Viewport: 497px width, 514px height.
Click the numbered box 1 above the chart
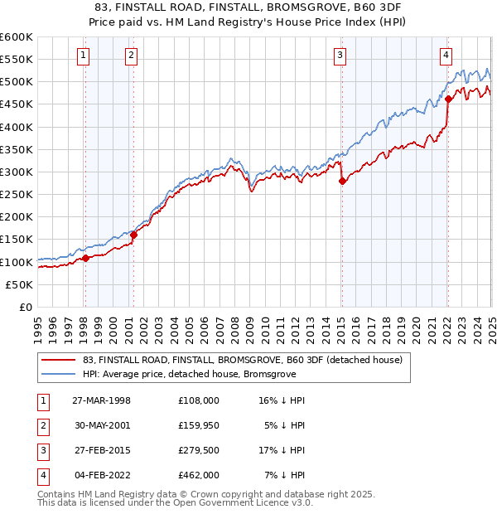(x=84, y=56)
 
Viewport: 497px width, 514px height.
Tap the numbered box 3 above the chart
(x=340, y=56)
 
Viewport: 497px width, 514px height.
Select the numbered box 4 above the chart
(x=446, y=56)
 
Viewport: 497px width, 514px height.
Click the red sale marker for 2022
(x=448, y=99)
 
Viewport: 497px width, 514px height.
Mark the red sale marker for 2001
(x=133, y=235)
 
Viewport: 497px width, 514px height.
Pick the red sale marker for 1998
(x=85, y=258)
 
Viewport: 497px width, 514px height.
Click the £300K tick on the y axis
(x=17, y=172)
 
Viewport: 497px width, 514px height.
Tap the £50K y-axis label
(x=20, y=284)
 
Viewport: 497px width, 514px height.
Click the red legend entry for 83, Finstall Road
(x=242, y=360)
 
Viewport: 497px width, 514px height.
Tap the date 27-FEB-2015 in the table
(x=102, y=453)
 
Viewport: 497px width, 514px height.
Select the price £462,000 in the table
(x=199, y=476)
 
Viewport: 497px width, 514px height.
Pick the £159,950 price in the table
(x=199, y=426)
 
